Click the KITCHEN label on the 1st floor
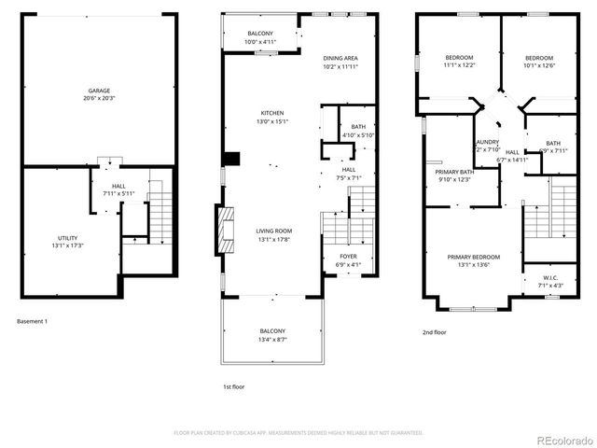point(272,112)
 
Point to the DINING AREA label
point(340,58)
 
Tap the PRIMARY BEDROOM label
point(473,257)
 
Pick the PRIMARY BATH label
point(454,172)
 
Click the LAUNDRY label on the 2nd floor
point(488,142)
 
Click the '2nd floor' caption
point(435,332)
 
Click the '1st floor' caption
point(233,385)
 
